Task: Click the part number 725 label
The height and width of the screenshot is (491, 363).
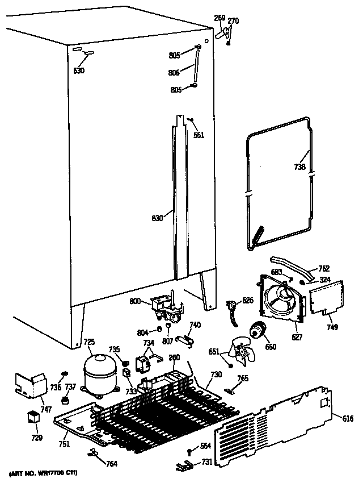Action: tap(89, 342)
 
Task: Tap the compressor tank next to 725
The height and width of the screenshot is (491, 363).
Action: tap(100, 372)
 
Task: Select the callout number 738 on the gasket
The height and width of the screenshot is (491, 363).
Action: tap(300, 167)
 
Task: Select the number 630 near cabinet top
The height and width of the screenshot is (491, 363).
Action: tap(79, 71)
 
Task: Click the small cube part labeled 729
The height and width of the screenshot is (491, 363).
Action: tap(33, 417)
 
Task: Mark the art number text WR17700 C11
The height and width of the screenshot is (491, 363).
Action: tap(43, 473)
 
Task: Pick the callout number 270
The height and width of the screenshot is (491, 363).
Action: tap(233, 21)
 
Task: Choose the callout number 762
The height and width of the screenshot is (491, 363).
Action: tap(323, 269)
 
